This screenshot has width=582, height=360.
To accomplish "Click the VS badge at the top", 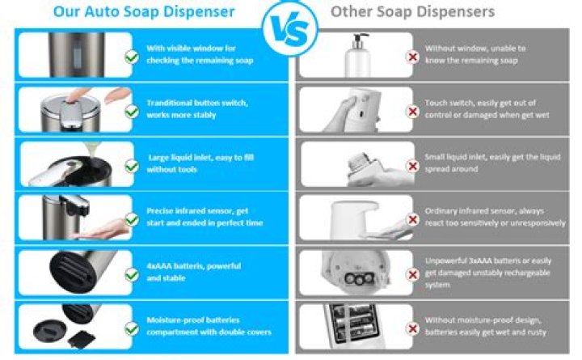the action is click(x=290, y=28).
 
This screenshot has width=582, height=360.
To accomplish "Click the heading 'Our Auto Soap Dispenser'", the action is click(x=144, y=11).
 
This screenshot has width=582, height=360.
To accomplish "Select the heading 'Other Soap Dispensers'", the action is click(x=412, y=11).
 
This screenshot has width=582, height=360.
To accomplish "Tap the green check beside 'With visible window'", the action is click(x=132, y=57).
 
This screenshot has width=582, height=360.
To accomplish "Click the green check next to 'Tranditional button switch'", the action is click(x=132, y=112).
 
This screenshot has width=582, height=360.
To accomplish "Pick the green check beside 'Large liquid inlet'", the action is click(x=132, y=166).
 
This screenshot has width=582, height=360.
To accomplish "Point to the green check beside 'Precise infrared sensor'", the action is click(x=132, y=219).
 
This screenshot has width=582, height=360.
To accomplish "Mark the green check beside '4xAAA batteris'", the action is click(x=132, y=275).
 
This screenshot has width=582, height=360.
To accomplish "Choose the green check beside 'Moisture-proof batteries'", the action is click(x=132, y=328).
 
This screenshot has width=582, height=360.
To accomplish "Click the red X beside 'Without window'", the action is click(x=412, y=57).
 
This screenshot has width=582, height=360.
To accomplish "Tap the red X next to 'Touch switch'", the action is click(x=412, y=112).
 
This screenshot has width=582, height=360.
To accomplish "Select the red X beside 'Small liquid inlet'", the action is click(x=412, y=166).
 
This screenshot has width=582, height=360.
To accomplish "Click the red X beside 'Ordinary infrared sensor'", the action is click(x=412, y=219).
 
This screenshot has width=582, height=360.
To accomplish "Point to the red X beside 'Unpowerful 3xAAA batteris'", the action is click(x=412, y=275).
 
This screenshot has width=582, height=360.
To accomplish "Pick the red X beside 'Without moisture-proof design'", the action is click(x=412, y=328).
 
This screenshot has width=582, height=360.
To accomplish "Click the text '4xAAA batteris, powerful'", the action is click(x=194, y=266).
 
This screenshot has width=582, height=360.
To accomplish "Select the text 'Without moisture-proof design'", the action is click(x=483, y=320).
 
